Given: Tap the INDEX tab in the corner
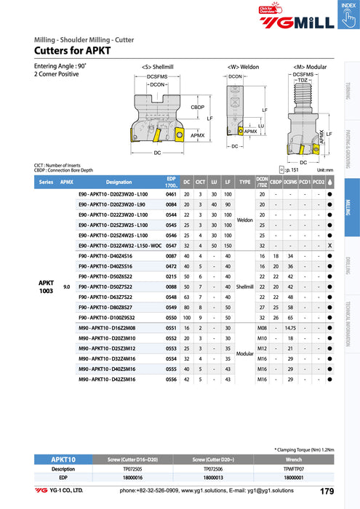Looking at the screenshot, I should click(346, 5).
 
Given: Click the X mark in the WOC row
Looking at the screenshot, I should click(330, 247).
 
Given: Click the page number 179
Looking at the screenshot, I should click(327, 492).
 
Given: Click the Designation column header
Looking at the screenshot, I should click(119, 182).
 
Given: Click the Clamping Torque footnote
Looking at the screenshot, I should click(305, 451).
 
